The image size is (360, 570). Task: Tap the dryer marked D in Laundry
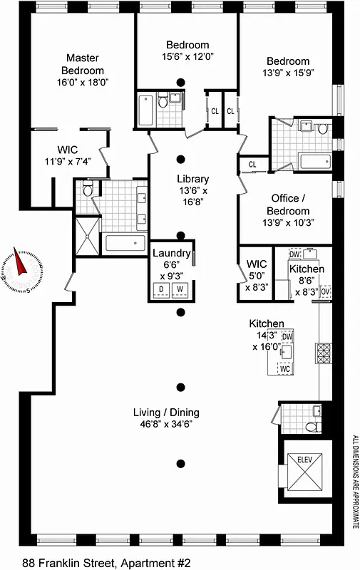tap(161, 289)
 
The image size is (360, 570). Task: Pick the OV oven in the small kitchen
tap(326, 291)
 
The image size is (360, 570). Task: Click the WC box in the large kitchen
tap(284, 369)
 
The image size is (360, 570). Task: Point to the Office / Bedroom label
tap(289, 205)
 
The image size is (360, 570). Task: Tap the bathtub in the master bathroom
tap(127, 243)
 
